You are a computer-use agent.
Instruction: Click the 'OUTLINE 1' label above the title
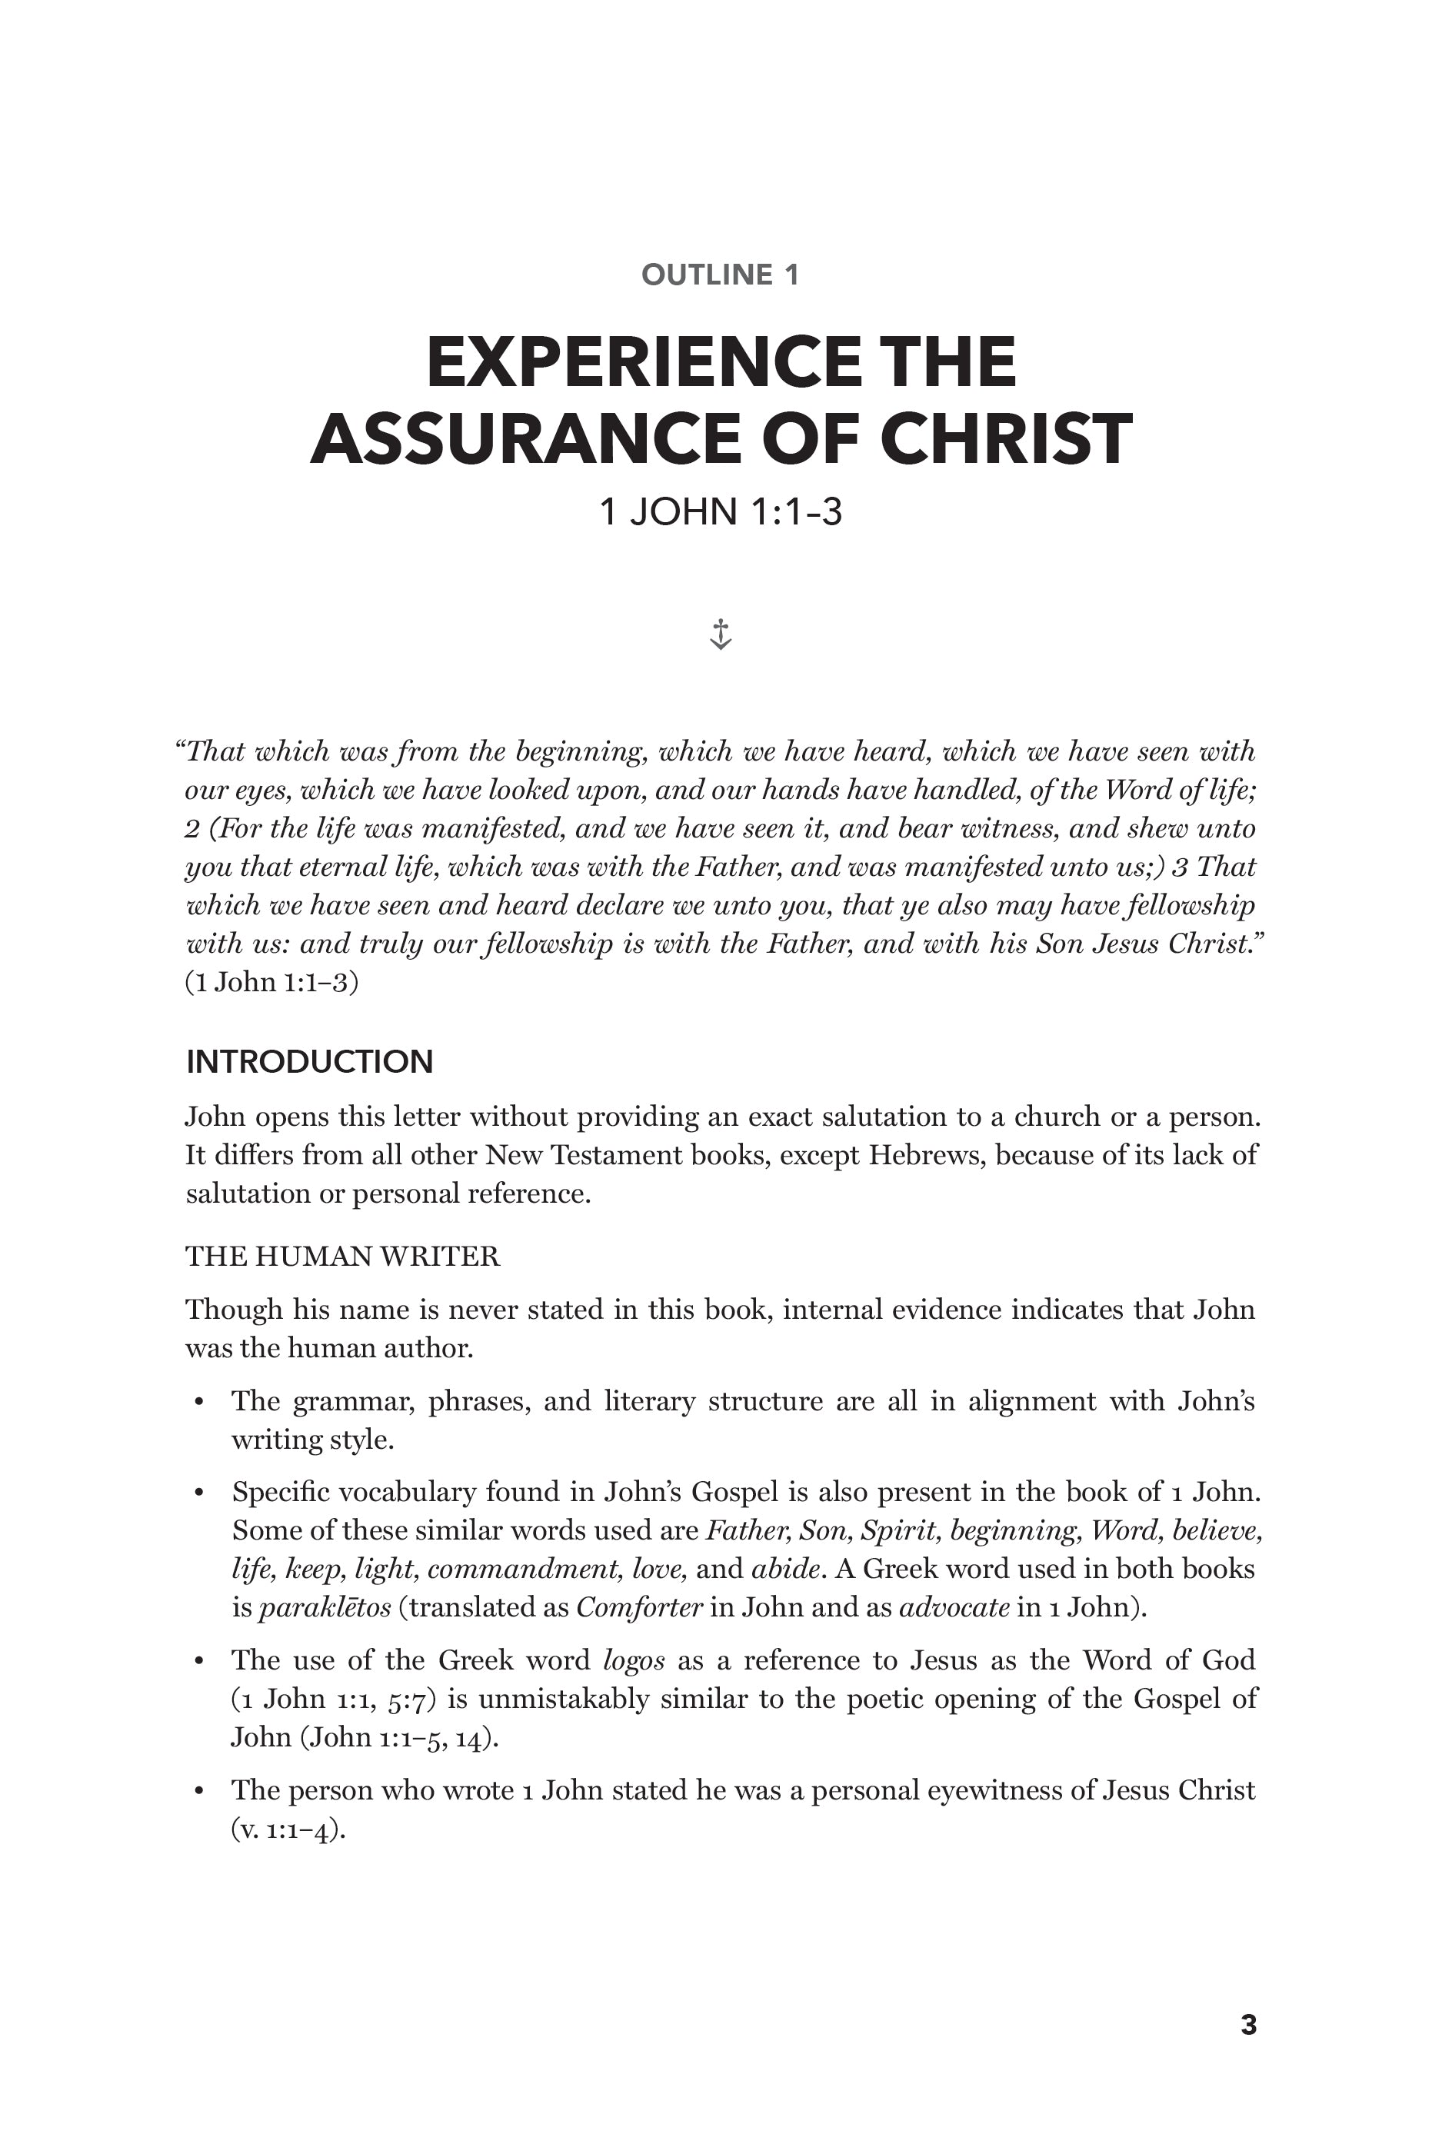[x=720, y=275]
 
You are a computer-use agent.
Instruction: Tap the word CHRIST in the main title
[x=1006, y=439]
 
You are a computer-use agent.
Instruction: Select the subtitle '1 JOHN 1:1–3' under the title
[x=720, y=511]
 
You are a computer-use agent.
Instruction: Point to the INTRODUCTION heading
[x=309, y=1061]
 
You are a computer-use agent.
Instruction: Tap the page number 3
[x=1248, y=2025]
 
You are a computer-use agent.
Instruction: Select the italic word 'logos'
[x=634, y=1660]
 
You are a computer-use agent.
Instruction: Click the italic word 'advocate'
[x=954, y=1607]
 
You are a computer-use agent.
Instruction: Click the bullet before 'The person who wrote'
[x=198, y=1792]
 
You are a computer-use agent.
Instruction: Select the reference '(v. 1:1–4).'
[x=288, y=1829]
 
